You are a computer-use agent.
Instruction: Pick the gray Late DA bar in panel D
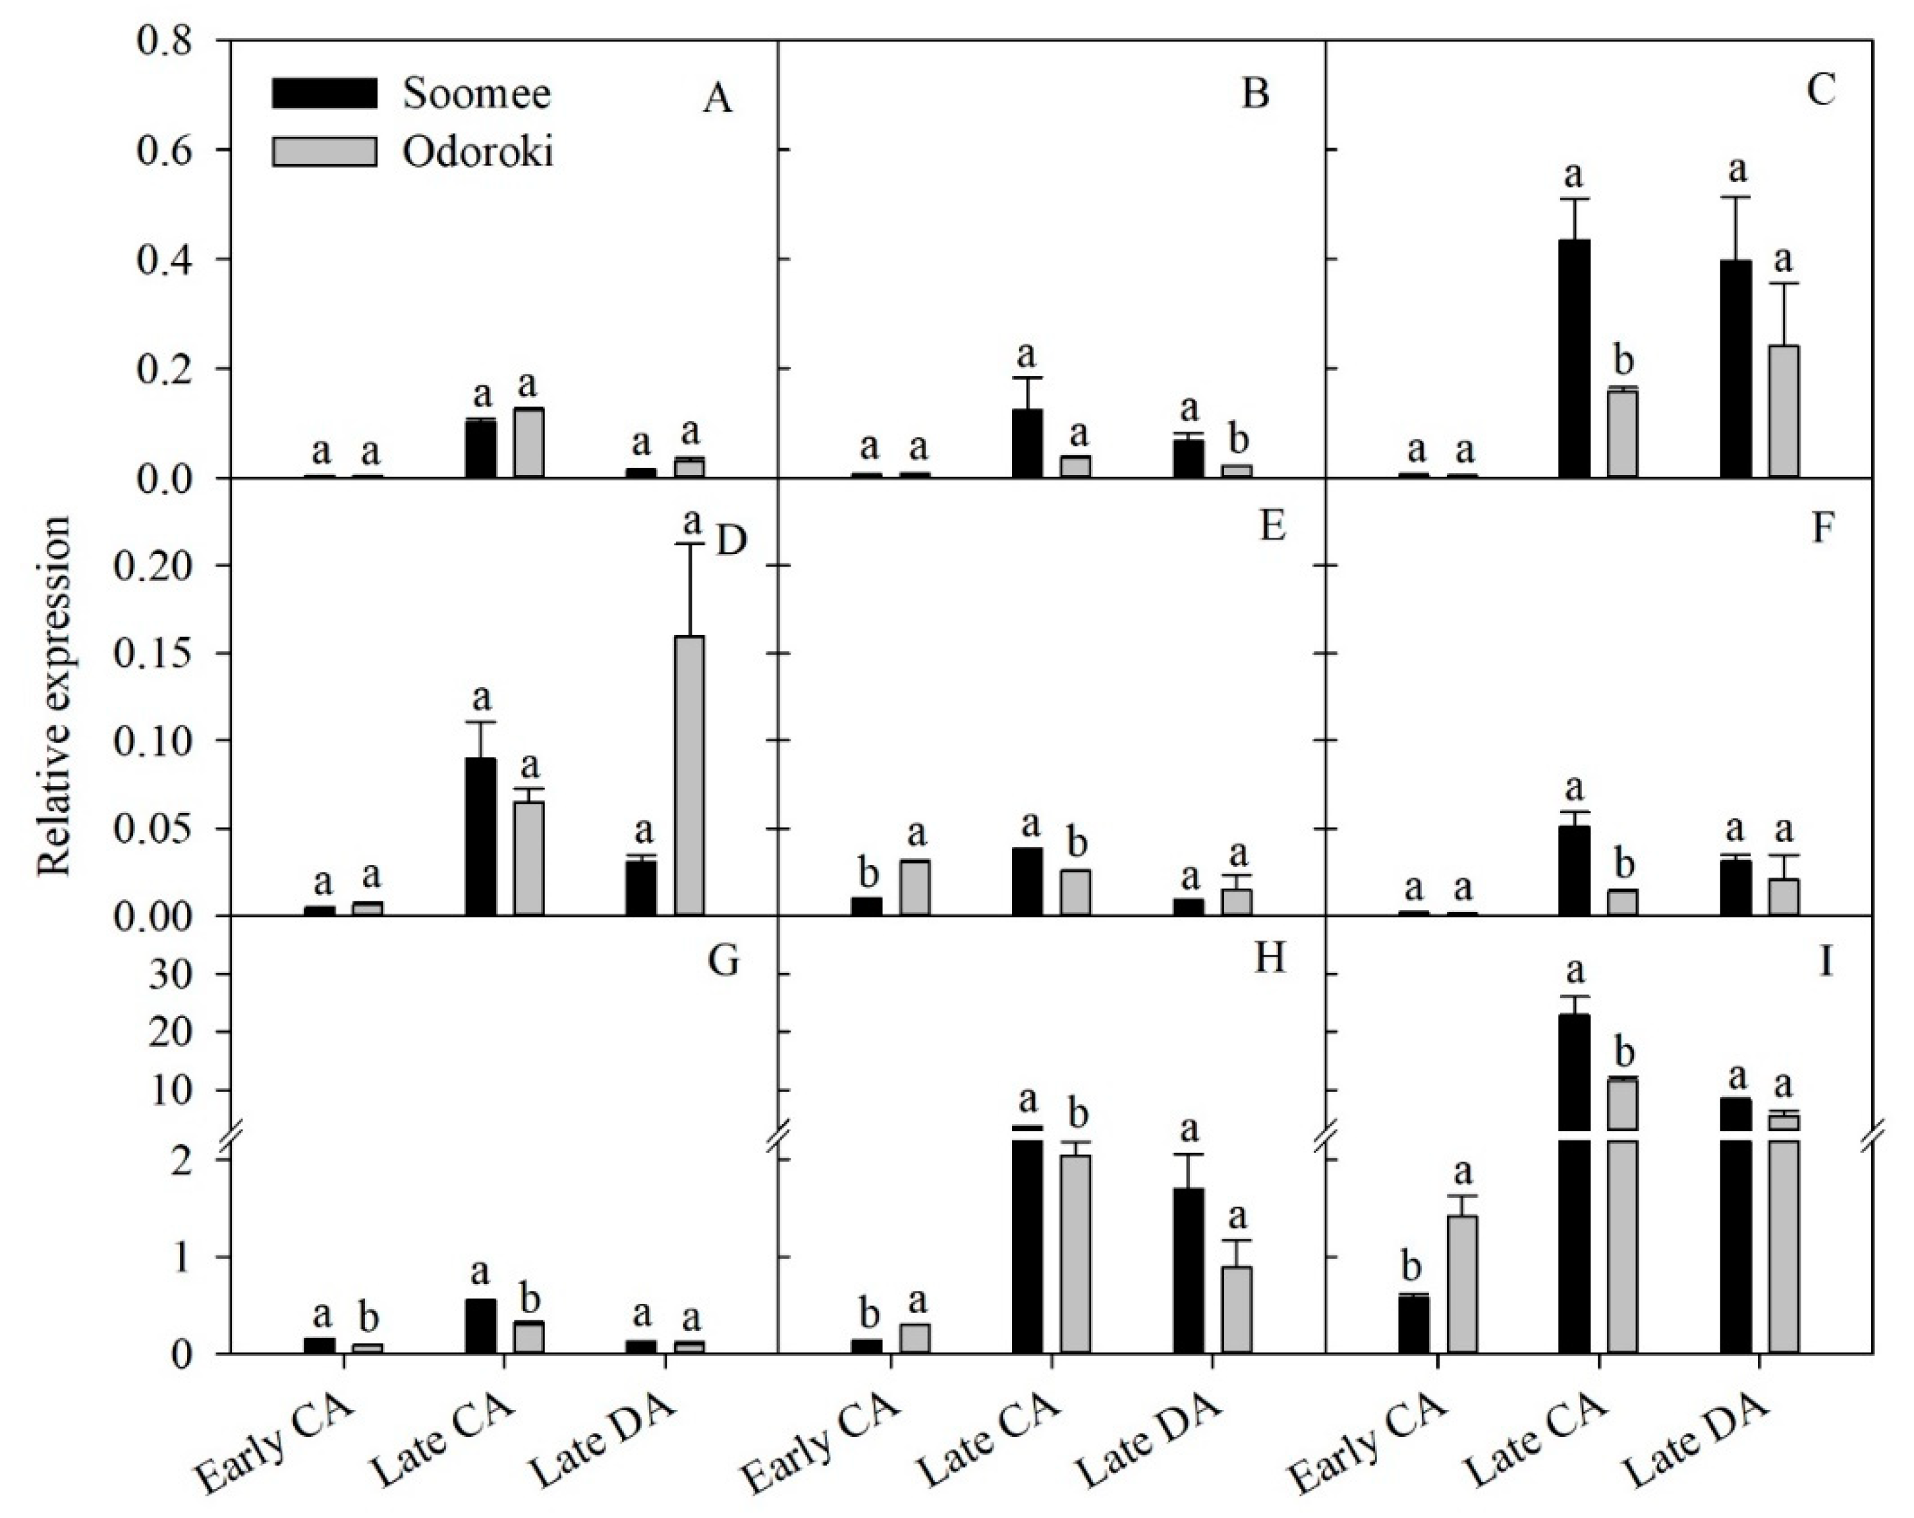click(690, 776)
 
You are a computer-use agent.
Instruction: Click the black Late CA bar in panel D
click(481, 836)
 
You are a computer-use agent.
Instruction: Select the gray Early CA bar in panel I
click(1462, 1285)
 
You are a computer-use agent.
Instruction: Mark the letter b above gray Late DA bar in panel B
click(1237, 440)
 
